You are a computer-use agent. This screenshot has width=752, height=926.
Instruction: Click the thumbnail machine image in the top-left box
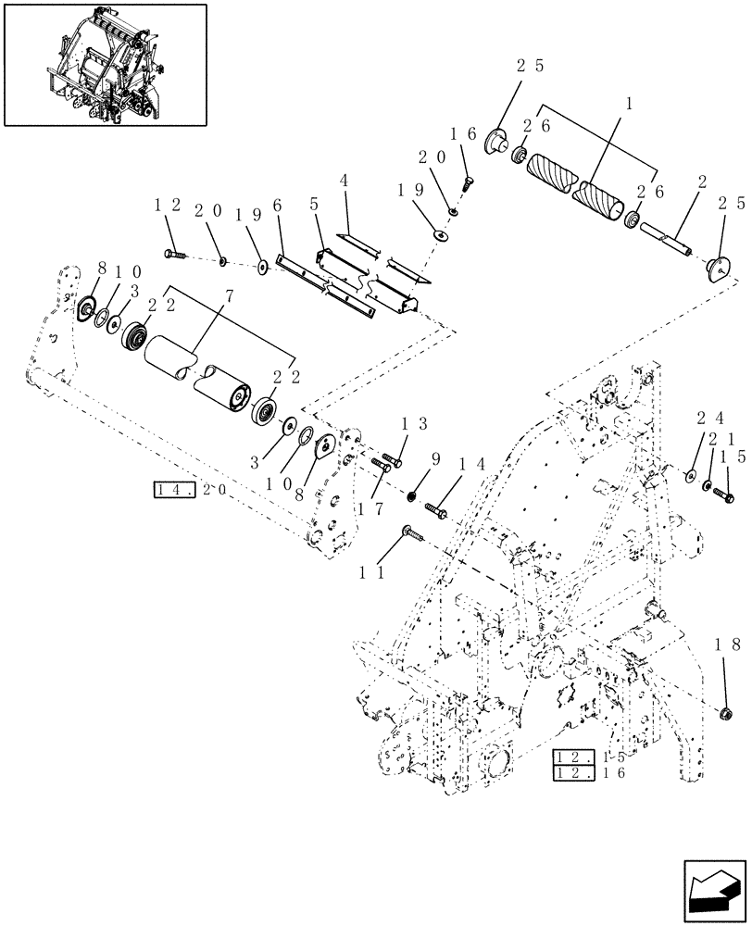104,64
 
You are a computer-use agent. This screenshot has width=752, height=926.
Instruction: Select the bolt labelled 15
722,496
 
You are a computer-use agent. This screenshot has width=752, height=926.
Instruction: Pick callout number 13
414,423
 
